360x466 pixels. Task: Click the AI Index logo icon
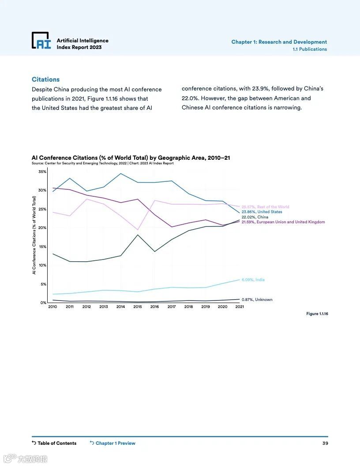coord(41,41)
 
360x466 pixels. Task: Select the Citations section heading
coord(45,79)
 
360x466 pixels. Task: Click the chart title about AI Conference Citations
coord(131,158)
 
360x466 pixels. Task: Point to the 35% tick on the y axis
coord(42,171)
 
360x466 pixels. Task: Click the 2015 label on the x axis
coord(138,307)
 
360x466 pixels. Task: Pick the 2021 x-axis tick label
coord(239,307)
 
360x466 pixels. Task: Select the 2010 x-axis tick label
coord(52,307)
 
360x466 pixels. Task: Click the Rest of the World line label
coord(265,207)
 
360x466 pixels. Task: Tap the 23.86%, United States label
coord(262,212)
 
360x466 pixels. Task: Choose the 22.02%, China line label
coord(255,217)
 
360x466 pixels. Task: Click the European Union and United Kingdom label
coord(283,222)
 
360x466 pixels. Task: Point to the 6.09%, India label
coord(253,280)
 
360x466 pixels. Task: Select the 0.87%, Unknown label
coord(257,300)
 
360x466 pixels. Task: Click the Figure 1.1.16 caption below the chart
coord(317,314)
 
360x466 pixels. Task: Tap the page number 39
coord(325,443)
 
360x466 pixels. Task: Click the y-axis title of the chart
coord(34,236)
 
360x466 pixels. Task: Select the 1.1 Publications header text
coord(310,49)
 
